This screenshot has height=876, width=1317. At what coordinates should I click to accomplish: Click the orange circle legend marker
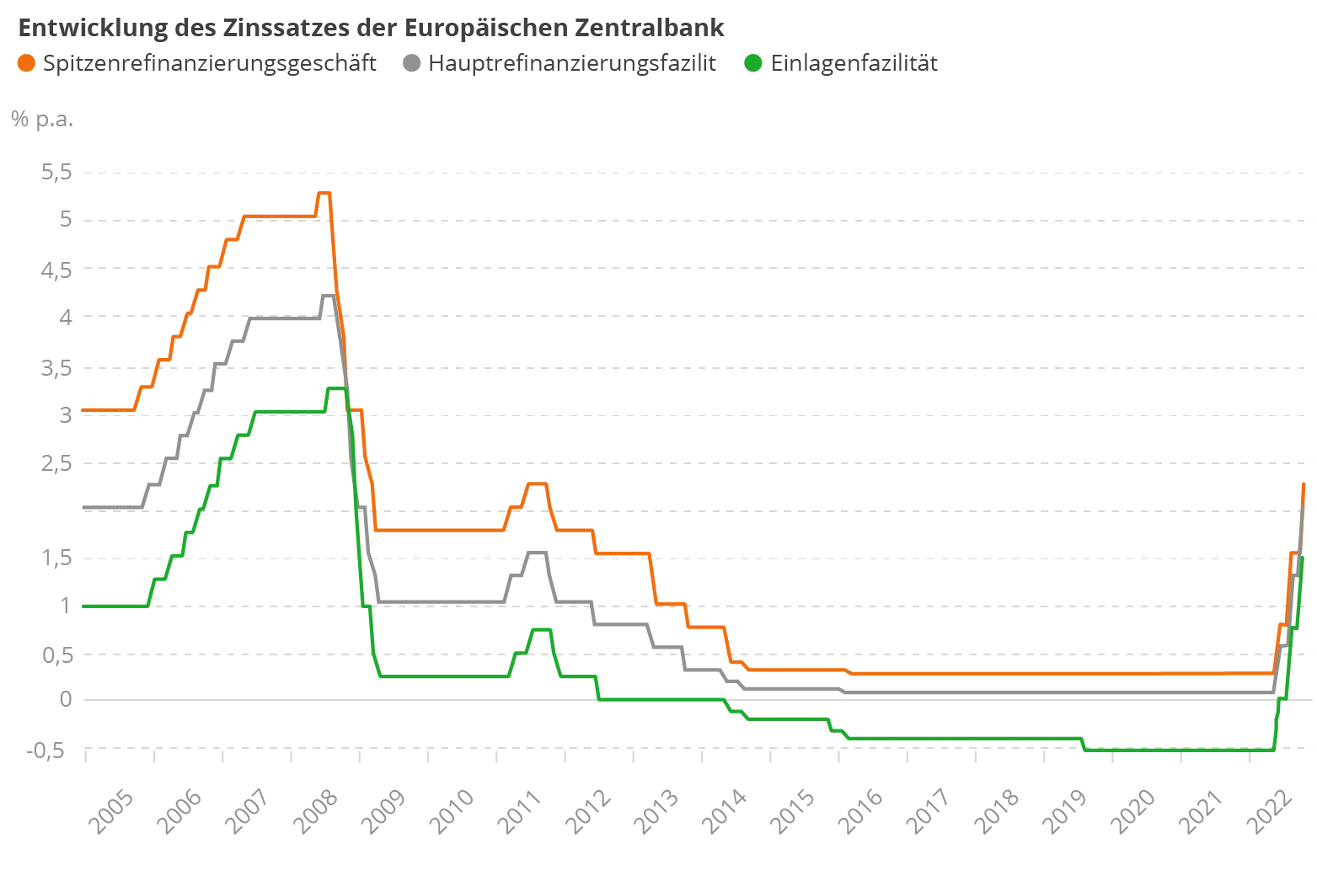click(26, 63)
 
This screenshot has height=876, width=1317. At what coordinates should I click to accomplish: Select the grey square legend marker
click(410, 63)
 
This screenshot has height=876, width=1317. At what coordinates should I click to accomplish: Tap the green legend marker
click(752, 63)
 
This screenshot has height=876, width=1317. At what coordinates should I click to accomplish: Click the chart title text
click(371, 27)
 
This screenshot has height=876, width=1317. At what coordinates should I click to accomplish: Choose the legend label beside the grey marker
click(573, 63)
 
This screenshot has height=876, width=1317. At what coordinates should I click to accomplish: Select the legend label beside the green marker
click(854, 63)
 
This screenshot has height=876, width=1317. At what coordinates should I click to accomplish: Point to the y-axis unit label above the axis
click(40, 119)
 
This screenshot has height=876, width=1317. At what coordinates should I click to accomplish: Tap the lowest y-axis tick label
click(51, 749)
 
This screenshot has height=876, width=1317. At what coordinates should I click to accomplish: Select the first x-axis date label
click(110, 810)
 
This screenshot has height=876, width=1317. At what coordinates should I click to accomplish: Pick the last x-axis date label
click(1270, 810)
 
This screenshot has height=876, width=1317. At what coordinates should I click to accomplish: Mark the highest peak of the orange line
click(324, 193)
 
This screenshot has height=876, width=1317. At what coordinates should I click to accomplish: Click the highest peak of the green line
click(335, 387)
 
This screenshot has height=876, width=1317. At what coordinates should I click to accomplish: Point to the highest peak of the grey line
click(325, 294)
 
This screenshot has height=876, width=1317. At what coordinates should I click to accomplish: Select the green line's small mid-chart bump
click(539, 630)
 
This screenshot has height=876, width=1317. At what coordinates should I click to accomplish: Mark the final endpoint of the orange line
click(1304, 482)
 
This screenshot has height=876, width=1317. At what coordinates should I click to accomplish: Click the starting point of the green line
click(83, 605)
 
